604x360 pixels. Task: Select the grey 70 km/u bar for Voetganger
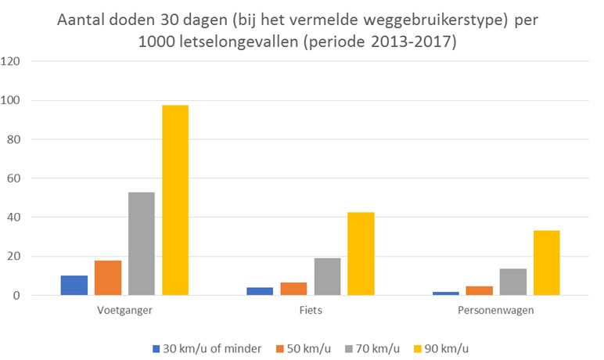pyautogui.click(x=142, y=244)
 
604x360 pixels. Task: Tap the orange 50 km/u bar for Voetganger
pyautogui.click(x=108, y=278)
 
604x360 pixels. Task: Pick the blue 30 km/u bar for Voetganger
pyautogui.click(x=74, y=286)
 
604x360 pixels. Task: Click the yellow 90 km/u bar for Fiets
pyautogui.click(x=361, y=254)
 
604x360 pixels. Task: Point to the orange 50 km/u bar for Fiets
pyautogui.click(x=293, y=289)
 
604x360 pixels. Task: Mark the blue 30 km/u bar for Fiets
pyautogui.click(x=260, y=291)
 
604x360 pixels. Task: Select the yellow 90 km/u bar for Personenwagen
pyautogui.click(x=546, y=263)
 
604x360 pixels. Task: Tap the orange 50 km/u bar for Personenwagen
pyautogui.click(x=479, y=291)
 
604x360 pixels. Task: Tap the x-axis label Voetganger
pyautogui.click(x=125, y=310)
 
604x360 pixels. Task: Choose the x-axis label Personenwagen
pyautogui.click(x=496, y=310)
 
